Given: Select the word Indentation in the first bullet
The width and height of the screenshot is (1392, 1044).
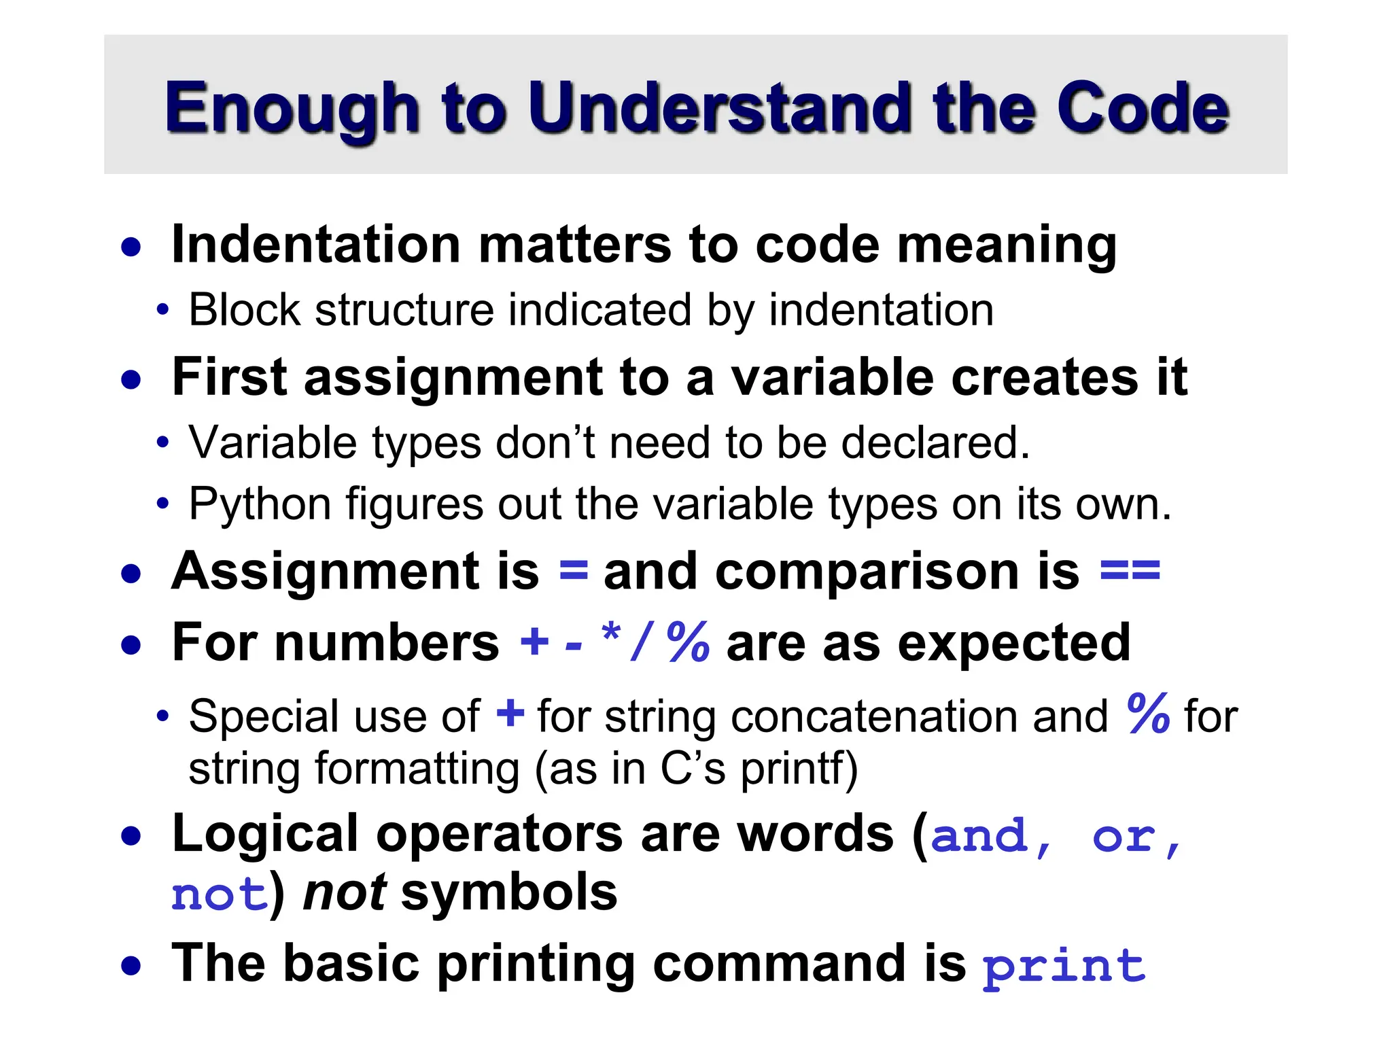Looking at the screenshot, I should (315, 244).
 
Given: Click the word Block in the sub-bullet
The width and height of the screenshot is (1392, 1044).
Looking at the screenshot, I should (244, 310).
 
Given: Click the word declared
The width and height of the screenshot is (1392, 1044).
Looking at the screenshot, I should (935, 442).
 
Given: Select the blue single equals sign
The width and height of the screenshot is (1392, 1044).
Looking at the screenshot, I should (573, 571).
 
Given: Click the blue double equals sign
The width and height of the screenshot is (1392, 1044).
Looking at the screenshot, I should (1130, 571).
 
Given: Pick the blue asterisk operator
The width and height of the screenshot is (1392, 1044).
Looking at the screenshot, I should (611, 636).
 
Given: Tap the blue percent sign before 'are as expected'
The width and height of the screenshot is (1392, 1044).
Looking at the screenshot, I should (688, 642).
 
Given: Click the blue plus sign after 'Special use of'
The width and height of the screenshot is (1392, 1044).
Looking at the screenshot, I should (510, 715).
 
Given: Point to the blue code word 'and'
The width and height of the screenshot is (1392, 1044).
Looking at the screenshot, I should (979, 836).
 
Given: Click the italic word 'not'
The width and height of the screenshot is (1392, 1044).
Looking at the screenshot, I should (345, 892).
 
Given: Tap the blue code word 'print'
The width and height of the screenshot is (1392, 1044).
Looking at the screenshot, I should (1064, 965).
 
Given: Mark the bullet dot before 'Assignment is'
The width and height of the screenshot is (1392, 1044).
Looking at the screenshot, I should (131, 574).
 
